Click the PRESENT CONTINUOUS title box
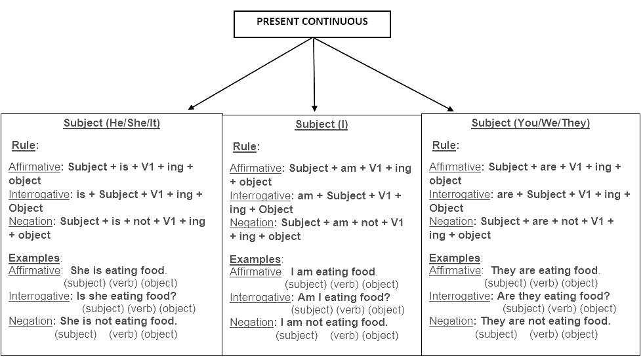tap(312, 24)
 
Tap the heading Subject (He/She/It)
tap(112, 123)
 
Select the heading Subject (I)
tap(321, 124)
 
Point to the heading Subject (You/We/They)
tap(531, 123)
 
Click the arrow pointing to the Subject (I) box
tap(314, 75)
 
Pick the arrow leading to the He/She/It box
tap(251, 74)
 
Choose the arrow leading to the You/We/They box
tap(384, 74)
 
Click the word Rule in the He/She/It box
tap(24, 145)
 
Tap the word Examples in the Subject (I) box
tap(255, 259)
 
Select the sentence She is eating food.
tap(119, 270)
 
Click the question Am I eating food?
tap(344, 297)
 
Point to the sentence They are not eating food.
tap(545, 321)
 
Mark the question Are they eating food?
tap(553, 296)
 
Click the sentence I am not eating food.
tap(334, 322)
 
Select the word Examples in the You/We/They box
tap(454, 258)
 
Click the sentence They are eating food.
tap(545, 270)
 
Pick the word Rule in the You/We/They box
tap(444, 145)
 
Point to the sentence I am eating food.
tap(334, 271)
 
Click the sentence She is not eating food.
tap(119, 321)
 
